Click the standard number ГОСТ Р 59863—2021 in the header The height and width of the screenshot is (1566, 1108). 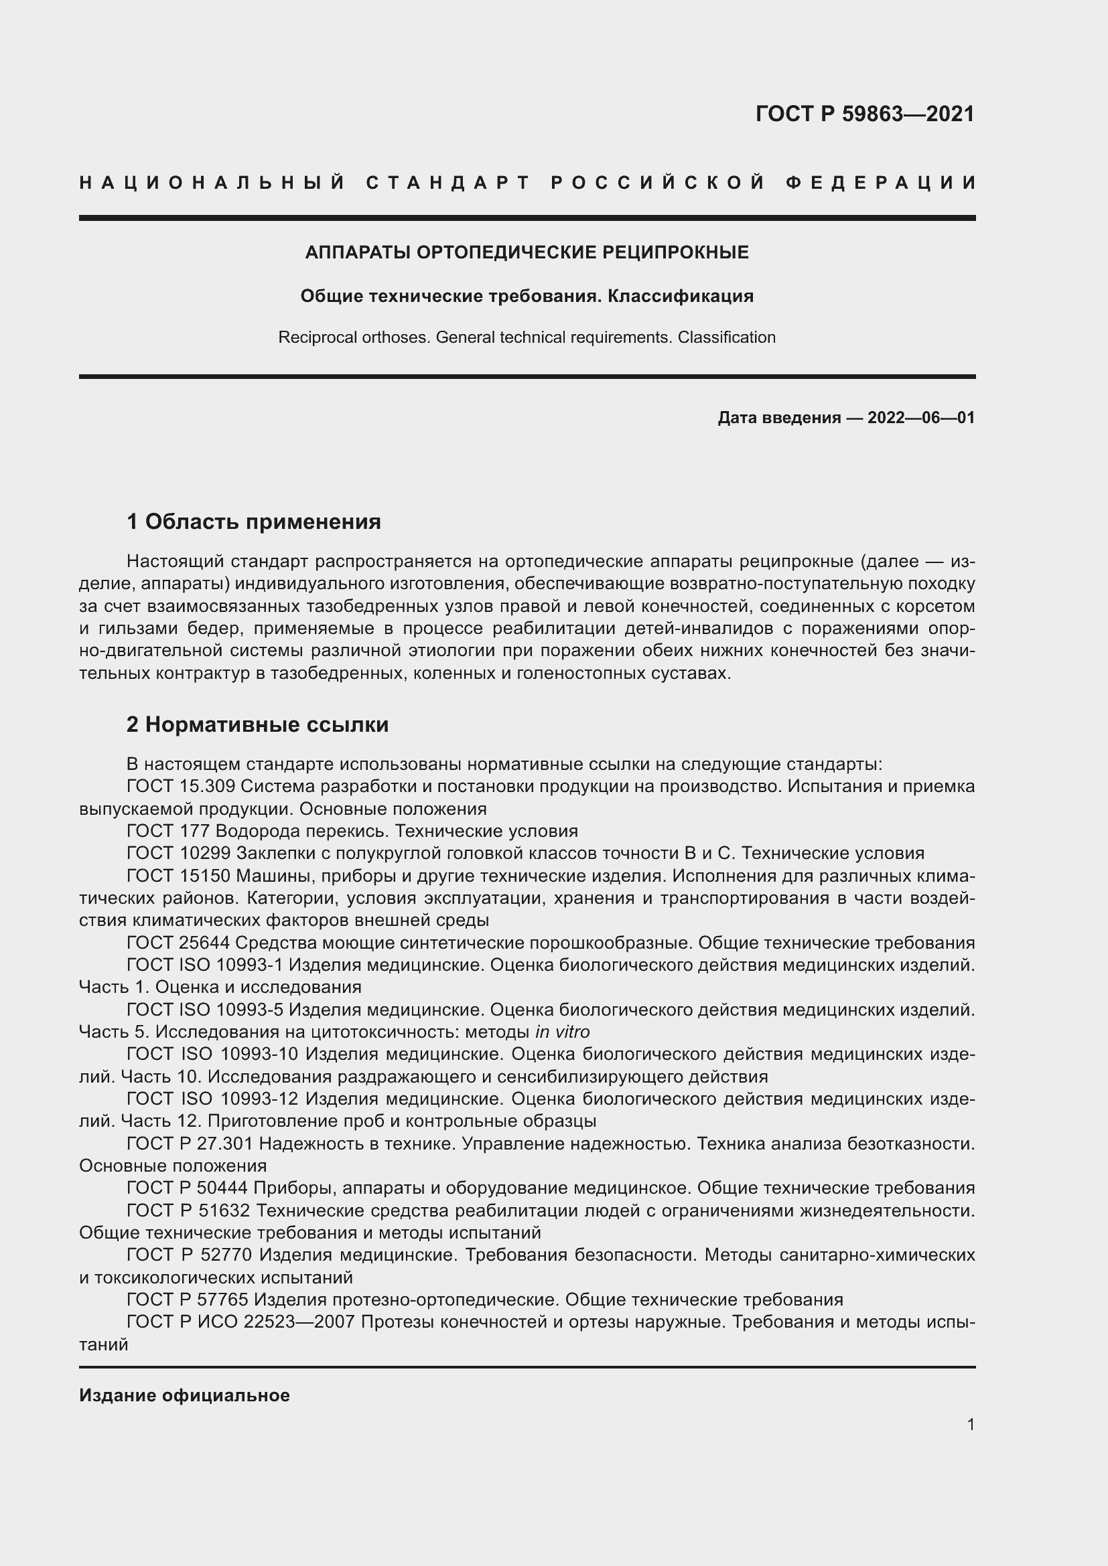pos(864,114)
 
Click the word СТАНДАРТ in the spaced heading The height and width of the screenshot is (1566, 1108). pos(448,183)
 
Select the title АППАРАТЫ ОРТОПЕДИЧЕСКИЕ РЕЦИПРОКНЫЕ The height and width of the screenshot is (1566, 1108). pos(527,252)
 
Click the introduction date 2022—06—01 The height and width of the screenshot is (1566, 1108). pos(921,417)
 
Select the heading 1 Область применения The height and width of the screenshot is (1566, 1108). pos(253,522)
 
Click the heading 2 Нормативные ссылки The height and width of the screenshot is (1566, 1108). pos(257,724)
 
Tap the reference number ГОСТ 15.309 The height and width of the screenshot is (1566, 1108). pos(181,787)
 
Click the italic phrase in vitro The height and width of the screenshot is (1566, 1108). pos(562,1031)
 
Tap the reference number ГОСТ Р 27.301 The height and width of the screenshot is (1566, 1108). pos(190,1143)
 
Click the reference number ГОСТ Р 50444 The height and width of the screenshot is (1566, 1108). pos(188,1188)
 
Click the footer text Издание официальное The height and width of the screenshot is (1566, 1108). pos(184,1395)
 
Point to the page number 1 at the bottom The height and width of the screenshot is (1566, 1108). pos(970,1424)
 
